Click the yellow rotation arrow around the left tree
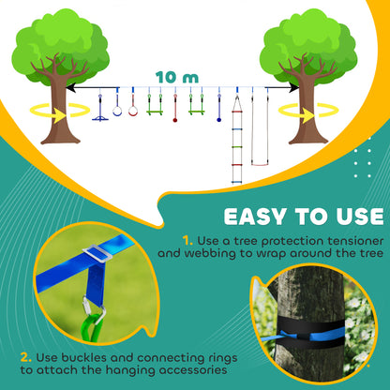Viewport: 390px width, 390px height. [x=49, y=112]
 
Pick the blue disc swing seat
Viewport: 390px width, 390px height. [x=99, y=116]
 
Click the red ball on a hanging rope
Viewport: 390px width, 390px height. [x=174, y=117]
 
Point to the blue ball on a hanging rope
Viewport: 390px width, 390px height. [x=218, y=118]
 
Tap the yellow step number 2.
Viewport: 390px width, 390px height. [x=23, y=357]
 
